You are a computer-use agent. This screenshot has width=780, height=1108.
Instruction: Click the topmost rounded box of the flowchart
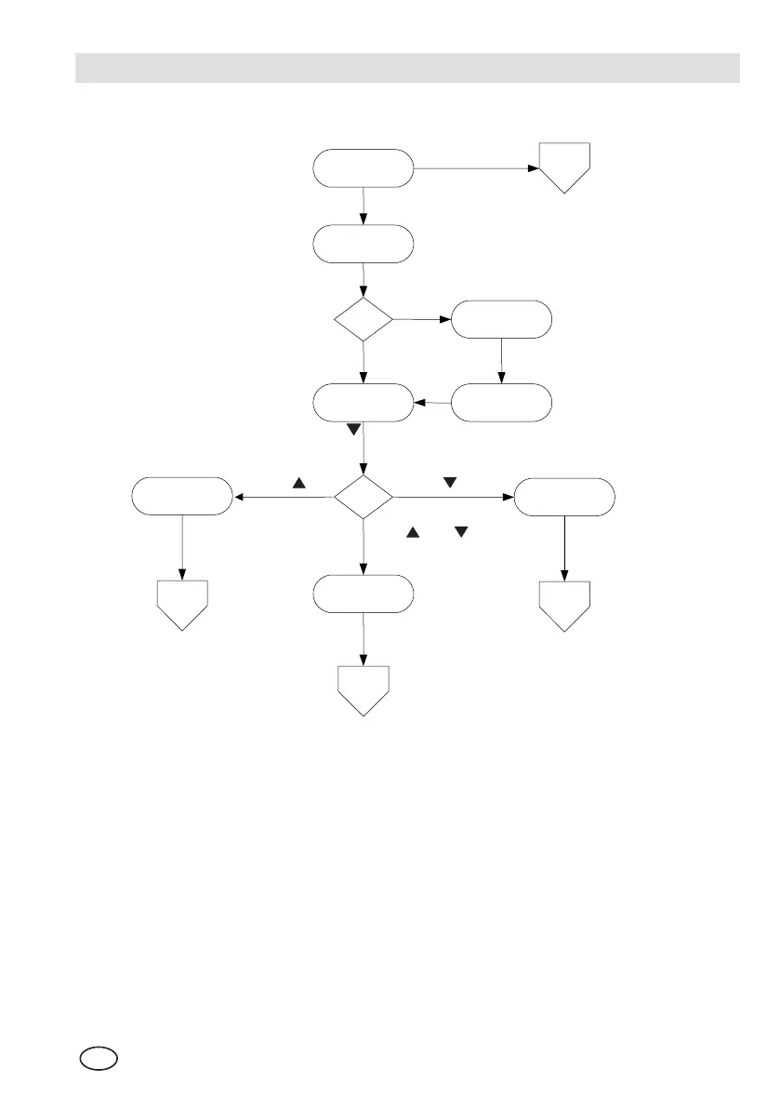click(x=363, y=168)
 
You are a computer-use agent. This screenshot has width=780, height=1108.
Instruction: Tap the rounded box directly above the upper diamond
click(x=363, y=245)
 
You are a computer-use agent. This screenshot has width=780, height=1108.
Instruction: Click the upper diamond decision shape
click(x=363, y=320)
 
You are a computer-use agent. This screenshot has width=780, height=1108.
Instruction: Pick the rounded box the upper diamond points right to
click(x=501, y=320)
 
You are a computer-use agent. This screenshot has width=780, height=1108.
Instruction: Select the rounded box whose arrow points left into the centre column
click(x=501, y=403)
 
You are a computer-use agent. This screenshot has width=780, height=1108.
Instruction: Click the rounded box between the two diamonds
click(x=363, y=403)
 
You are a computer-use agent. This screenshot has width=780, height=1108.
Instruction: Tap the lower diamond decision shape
click(x=363, y=497)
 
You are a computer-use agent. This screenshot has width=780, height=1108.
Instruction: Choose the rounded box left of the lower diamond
click(x=181, y=496)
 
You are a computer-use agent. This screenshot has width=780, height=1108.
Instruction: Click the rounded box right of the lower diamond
click(x=564, y=497)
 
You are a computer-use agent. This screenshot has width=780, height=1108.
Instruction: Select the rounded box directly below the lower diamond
click(x=363, y=594)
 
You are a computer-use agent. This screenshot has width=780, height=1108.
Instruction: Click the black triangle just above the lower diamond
click(x=353, y=430)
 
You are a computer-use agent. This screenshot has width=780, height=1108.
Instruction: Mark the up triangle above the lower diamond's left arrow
click(x=299, y=484)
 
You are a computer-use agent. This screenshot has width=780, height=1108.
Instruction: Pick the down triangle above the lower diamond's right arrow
click(x=450, y=483)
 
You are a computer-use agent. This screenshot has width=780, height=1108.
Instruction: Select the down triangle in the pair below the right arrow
click(x=459, y=531)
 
